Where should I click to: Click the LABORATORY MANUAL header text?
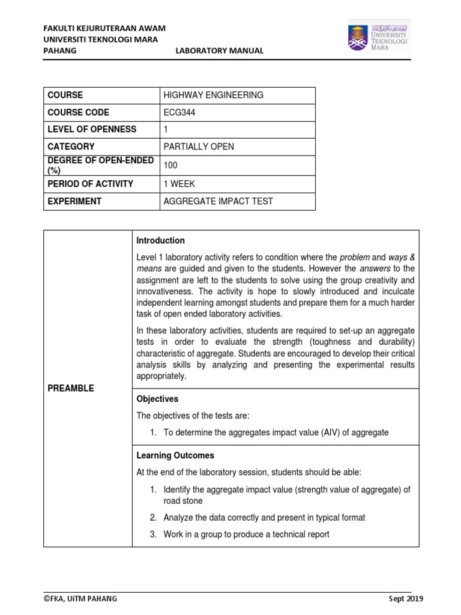tap(219, 50)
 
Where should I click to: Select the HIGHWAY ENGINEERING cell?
tap(213, 95)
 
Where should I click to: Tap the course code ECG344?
tap(179, 112)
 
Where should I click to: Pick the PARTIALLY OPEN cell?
tap(199, 147)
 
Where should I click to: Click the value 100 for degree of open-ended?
tap(171, 165)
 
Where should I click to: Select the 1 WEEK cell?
tap(179, 184)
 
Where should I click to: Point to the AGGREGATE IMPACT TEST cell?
tap(218, 201)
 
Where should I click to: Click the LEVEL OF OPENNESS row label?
tap(92, 129)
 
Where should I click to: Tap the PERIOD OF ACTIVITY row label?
tap(90, 184)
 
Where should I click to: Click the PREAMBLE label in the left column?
tap(71, 389)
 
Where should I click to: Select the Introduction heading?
tap(160, 240)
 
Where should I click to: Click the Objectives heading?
tap(157, 399)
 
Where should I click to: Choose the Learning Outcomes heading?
tap(175, 455)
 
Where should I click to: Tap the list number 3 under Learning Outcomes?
tap(154, 535)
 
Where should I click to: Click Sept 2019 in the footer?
tap(406, 599)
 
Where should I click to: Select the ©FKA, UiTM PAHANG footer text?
tap(80, 599)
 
